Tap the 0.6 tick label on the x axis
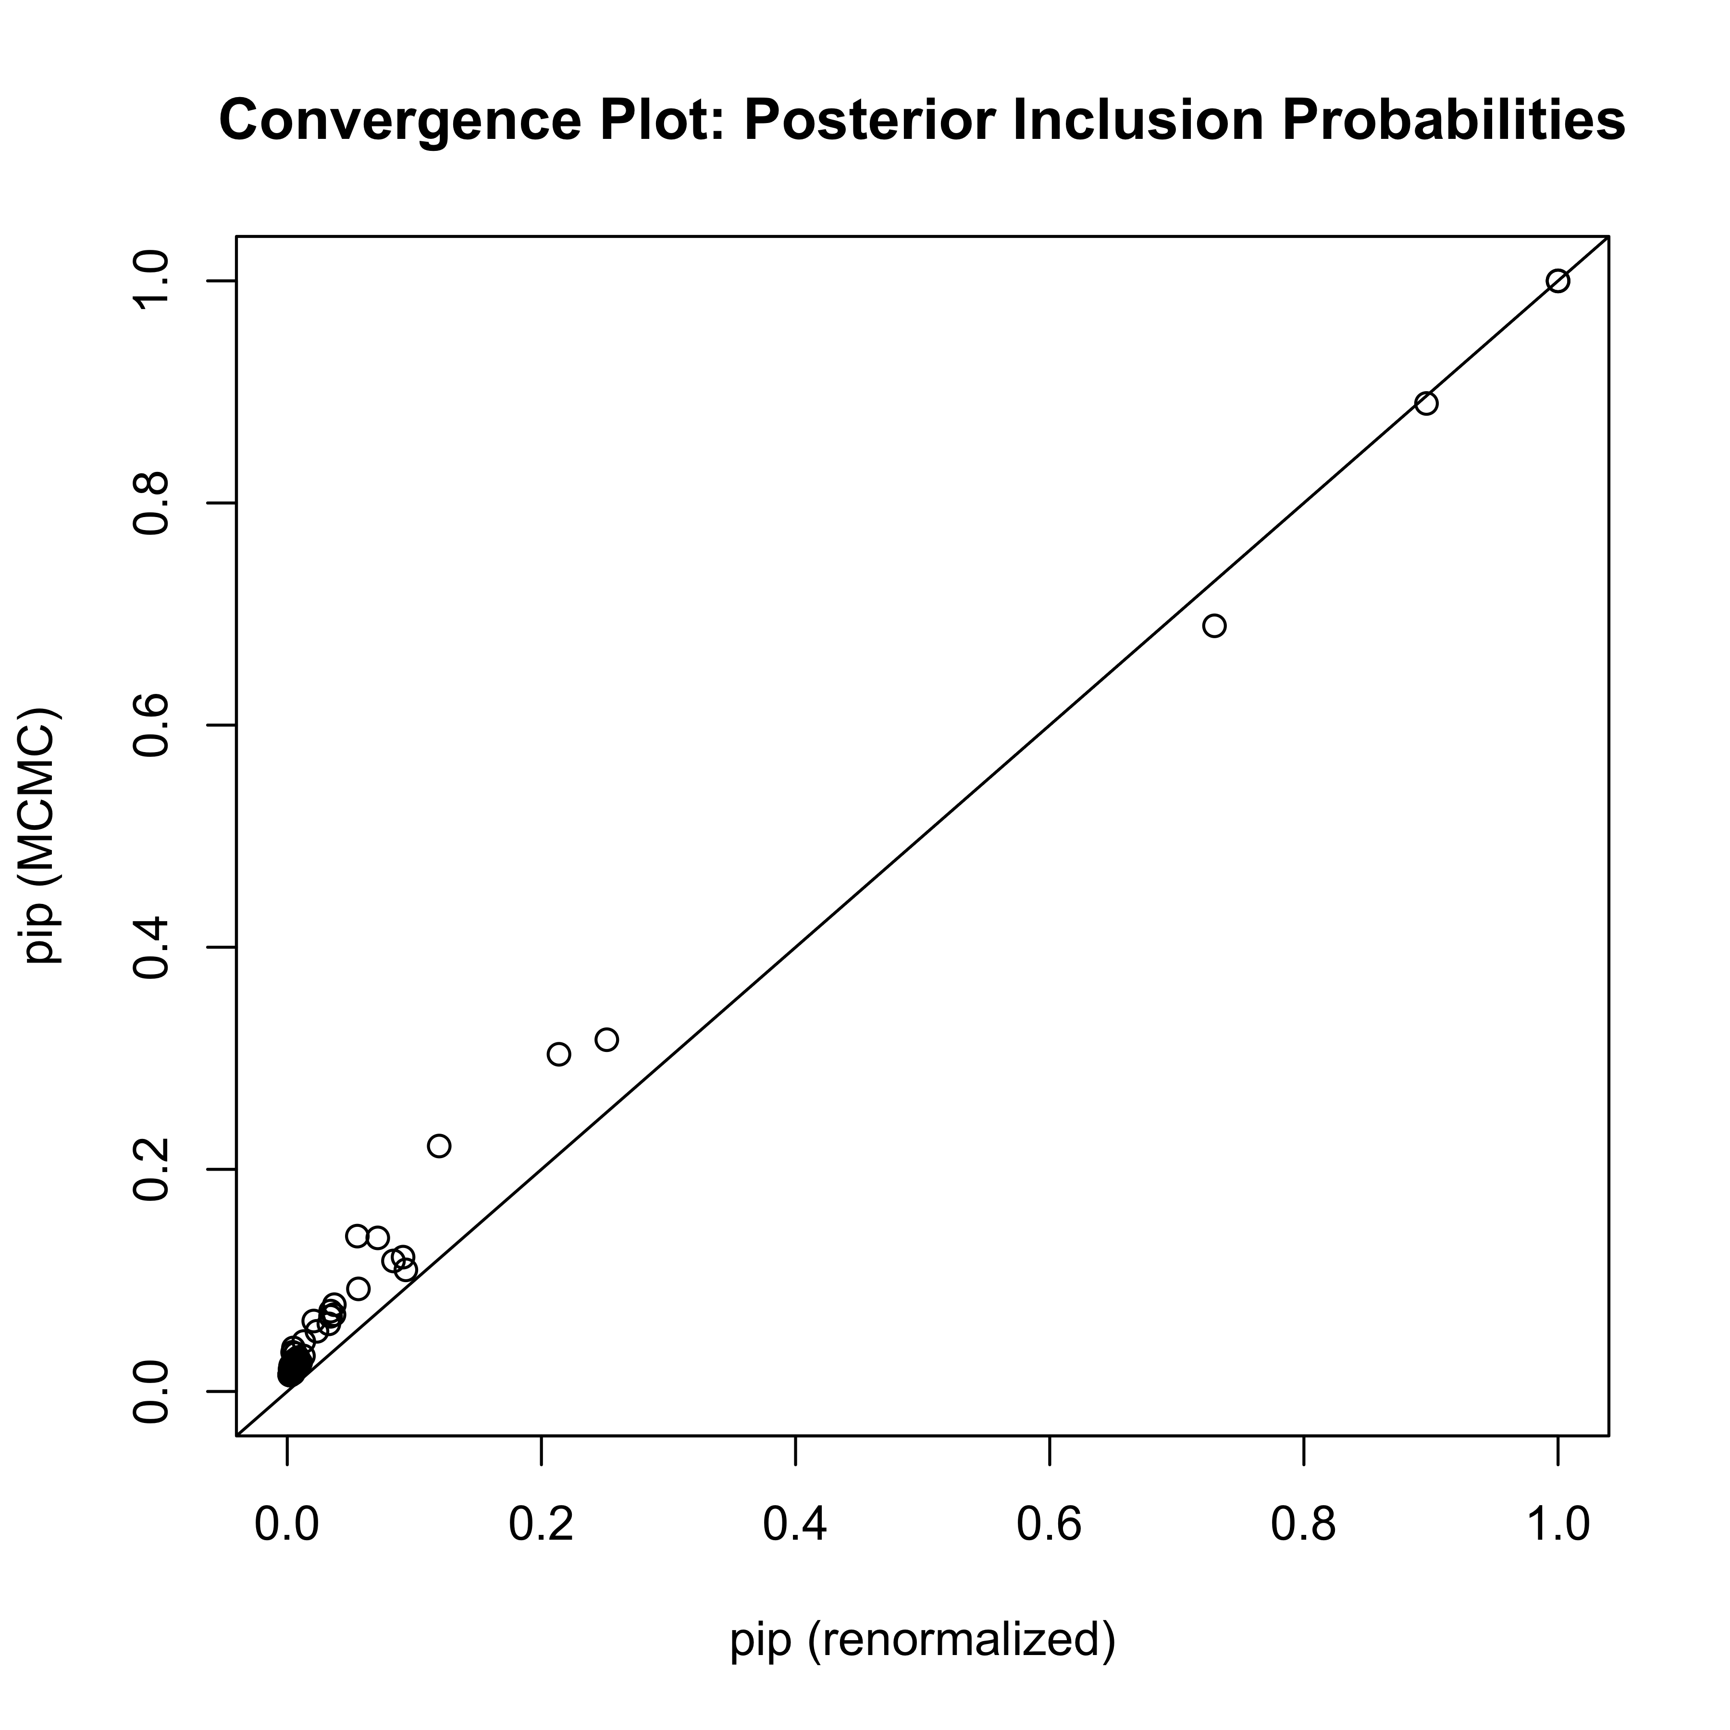[1050, 1524]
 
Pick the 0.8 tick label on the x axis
[1304, 1524]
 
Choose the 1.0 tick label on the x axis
[1558, 1524]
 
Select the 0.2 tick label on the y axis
[150, 1170]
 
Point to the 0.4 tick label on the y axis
[150, 947]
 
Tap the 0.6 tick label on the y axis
[150, 725]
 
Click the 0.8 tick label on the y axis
[150, 503]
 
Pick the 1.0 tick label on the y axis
[150, 281]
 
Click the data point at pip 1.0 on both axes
[1558, 281]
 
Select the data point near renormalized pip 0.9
[1426, 404]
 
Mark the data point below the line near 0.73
[1214, 626]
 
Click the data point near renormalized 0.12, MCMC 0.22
[439, 1146]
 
